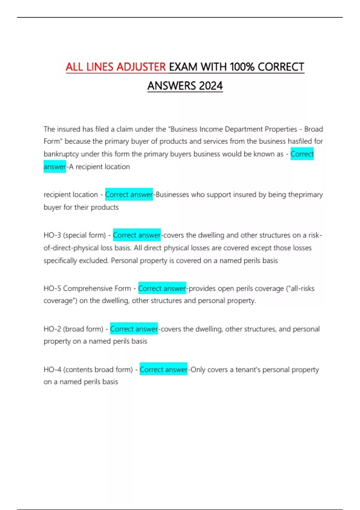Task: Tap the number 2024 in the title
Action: click(211, 86)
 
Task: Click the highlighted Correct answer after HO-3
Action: click(137, 235)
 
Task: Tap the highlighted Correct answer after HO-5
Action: click(162, 289)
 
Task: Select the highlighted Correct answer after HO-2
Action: click(134, 329)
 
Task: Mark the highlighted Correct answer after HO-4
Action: click(163, 370)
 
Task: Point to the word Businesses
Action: click(172, 195)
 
